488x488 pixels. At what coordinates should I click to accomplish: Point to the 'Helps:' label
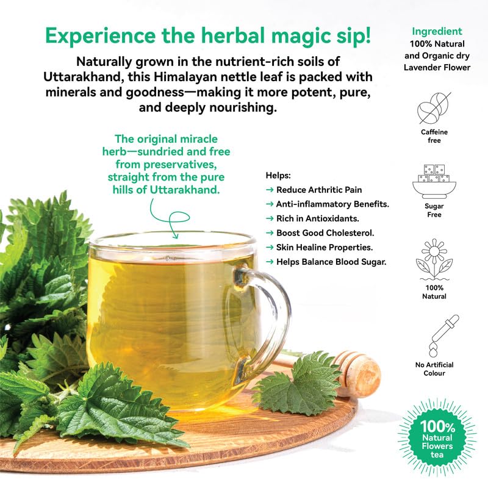(279, 175)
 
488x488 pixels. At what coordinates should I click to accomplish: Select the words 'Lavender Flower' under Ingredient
(437, 67)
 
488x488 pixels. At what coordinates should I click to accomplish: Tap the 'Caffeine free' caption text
(434, 136)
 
